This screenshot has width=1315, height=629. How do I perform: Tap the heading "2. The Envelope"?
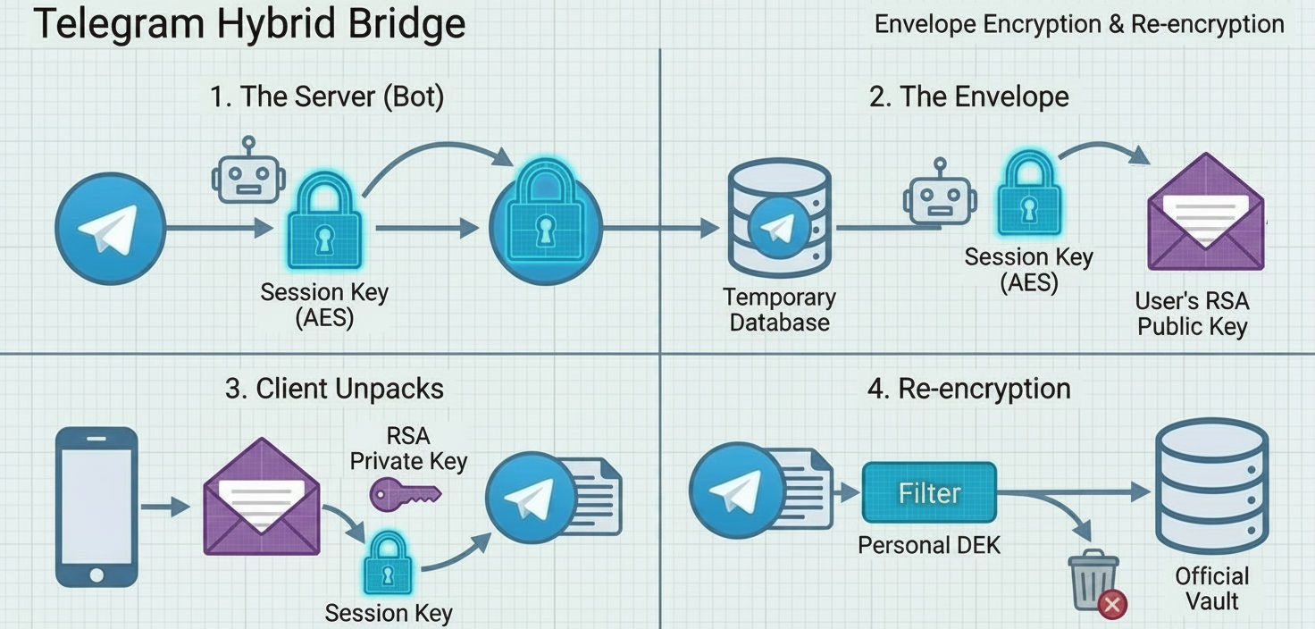968,96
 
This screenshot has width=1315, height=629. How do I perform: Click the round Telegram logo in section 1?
110,228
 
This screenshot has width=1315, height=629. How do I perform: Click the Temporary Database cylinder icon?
779,219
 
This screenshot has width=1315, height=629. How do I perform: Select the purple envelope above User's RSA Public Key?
1205,214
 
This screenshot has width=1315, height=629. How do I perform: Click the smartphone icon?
96,506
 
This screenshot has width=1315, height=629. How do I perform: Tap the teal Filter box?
929,492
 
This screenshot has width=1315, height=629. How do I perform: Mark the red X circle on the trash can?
1112,605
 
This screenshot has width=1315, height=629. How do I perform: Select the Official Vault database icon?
1211,479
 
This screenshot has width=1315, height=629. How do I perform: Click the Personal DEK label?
929,544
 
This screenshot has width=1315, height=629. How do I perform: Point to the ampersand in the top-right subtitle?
1116,24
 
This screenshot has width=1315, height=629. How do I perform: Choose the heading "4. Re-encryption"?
968,389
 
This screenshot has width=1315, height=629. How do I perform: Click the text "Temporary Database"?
779,309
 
